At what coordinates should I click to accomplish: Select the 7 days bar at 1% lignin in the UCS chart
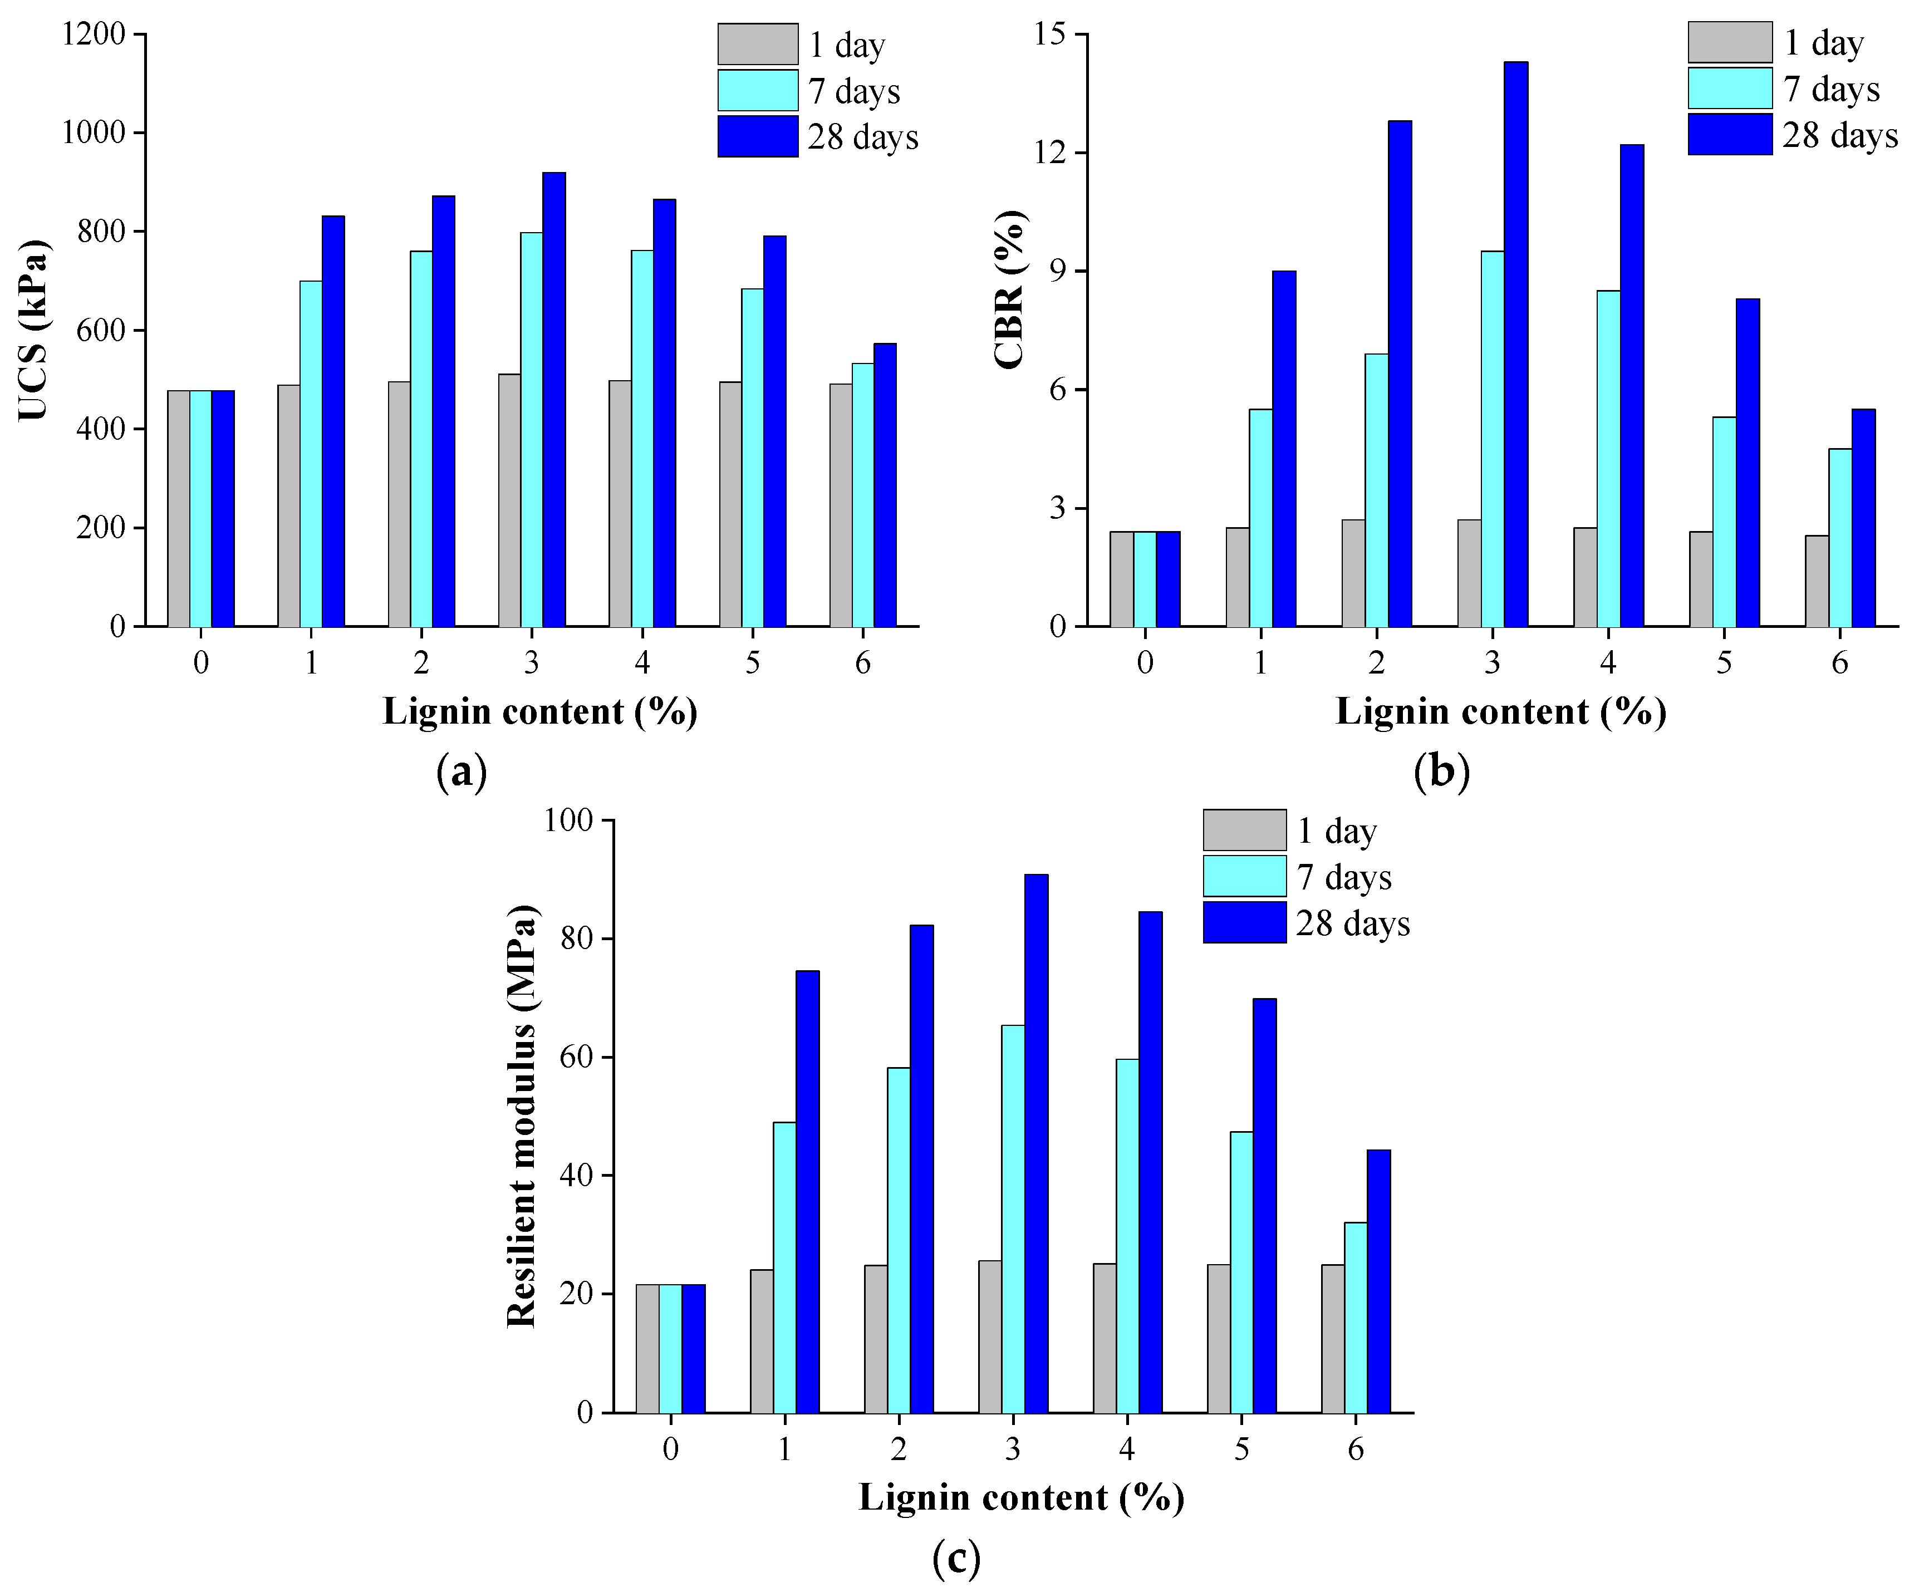311,454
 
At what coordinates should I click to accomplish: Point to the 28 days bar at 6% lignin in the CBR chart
1863,518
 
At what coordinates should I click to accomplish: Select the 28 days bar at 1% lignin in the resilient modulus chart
807,1191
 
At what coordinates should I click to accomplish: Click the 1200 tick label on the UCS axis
92,35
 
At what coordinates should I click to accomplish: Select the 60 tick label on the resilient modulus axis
576,1057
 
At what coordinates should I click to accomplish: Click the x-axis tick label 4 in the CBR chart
1608,662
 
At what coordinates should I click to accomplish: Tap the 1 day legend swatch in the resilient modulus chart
1244,830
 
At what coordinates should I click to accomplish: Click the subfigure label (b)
1441,772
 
